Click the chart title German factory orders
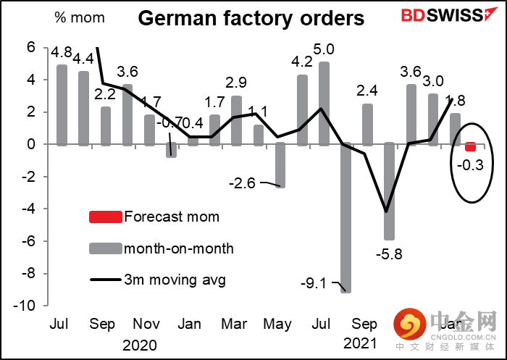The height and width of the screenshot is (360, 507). tap(251, 18)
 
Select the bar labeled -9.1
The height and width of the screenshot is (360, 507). tap(345, 217)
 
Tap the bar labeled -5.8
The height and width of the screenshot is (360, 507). tap(389, 191)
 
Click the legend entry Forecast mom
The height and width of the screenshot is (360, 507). tap(172, 216)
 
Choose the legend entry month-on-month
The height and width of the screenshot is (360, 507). tap(179, 248)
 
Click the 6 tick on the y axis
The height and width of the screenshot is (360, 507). tap(31, 48)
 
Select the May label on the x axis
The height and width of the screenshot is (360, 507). tap(278, 324)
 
